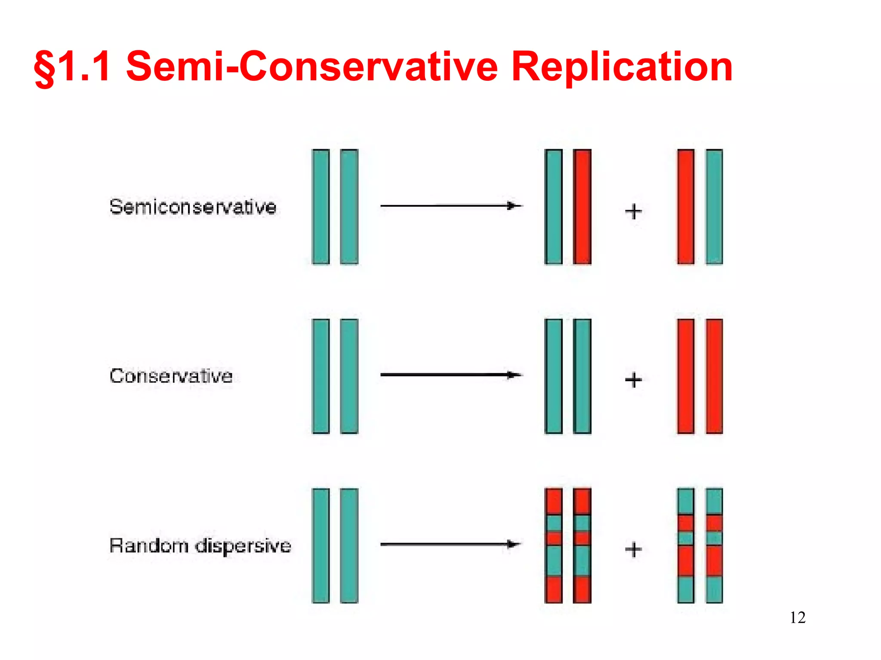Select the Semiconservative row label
coord(193,207)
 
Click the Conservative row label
coord(171,376)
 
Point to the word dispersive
coord(243,546)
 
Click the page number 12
coord(798,617)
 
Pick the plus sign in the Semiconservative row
coord(633,211)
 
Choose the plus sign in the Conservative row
coord(633,380)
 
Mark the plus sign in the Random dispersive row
coord(633,549)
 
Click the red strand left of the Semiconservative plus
coord(582,207)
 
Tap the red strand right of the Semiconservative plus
coord(686,207)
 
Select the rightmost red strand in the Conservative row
coord(714,376)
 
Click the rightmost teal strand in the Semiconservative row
coord(714,207)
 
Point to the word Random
coord(149,546)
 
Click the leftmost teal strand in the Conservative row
coord(321,376)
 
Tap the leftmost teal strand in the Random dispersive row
coord(321,546)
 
